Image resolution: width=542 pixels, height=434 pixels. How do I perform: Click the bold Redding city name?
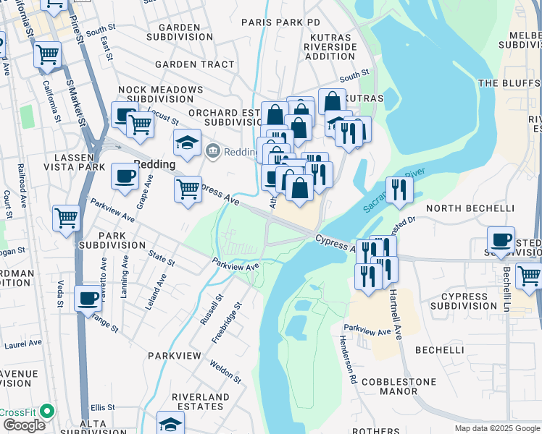tap(154, 164)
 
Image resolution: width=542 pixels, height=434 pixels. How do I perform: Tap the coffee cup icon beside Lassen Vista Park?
tap(125, 176)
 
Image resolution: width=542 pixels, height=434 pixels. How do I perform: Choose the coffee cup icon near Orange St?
tap(88, 298)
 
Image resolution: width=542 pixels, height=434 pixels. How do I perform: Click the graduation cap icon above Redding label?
tap(187, 143)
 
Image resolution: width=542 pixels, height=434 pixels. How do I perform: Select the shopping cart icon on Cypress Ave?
tap(188, 190)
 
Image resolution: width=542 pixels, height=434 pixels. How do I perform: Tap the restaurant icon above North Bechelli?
tap(399, 190)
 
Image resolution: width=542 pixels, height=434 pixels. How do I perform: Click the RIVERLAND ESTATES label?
tap(198, 401)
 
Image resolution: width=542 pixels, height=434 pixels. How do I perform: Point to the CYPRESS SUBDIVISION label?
tap(459, 301)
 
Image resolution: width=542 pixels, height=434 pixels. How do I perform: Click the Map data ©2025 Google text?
tap(496, 428)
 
